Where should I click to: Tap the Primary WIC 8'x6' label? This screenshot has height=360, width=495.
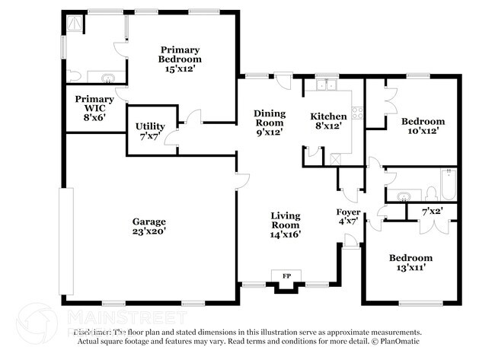pyautogui.click(x=94, y=108)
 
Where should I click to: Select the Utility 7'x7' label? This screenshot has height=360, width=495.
pyautogui.click(x=151, y=131)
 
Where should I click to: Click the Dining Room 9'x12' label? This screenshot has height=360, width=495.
pyautogui.click(x=269, y=122)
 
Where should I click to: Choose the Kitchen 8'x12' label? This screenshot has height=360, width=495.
pyautogui.click(x=329, y=121)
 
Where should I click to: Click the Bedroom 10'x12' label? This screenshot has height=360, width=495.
pyautogui.click(x=423, y=126)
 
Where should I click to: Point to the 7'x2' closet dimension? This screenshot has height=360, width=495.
pyautogui.click(x=432, y=210)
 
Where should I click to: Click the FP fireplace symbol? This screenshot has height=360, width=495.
pyautogui.click(x=287, y=275)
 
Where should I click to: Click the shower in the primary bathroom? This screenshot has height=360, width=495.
pyautogui.click(x=76, y=25)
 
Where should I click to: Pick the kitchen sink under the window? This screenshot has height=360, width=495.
pyautogui.click(x=328, y=85)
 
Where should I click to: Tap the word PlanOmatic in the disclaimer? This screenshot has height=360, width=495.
pyautogui.click(x=399, y=342)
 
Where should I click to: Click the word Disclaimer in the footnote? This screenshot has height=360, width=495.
pyautogui.click(x=94, y=333)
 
